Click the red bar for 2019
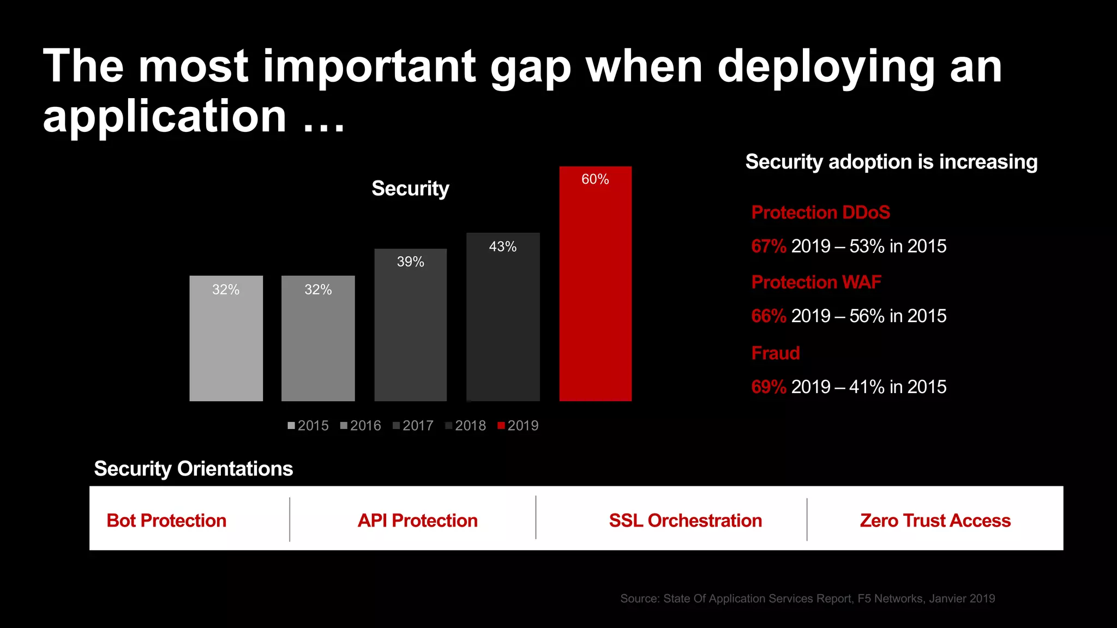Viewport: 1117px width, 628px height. coord(595,294)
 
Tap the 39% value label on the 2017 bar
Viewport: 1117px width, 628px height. coord(410,262)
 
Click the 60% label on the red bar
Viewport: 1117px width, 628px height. coord(595,179)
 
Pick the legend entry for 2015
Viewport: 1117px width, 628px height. coord(308,426)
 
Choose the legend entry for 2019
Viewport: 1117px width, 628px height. coord(518,426)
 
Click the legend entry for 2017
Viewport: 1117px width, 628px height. coord(413,426)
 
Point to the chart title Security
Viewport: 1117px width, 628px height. coord(410,189)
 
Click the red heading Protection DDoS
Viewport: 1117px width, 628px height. coord(820,212)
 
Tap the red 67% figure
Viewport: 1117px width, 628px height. coord(768,246)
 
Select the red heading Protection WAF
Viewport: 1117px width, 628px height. coord(816,282)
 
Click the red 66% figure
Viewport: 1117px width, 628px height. coord(768,316)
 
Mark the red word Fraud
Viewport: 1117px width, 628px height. coord(776,353)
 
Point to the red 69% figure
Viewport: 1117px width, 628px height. coord(768,387)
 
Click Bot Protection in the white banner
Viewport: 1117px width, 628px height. coord(166,521)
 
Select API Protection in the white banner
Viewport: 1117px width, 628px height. coord(417,521)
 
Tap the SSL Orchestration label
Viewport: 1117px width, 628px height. coord(685,521)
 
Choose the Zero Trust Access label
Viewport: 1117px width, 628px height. coord(935,521)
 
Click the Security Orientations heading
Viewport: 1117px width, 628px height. coord(194,469)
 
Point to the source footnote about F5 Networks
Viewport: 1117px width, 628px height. coord(807,599)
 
